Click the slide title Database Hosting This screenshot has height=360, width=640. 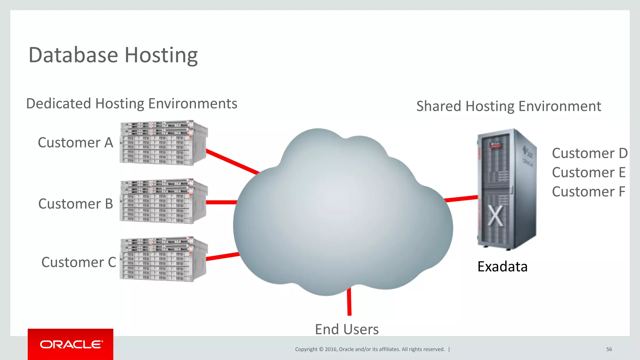[113, 55]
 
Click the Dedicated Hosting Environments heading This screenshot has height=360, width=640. [132, 103]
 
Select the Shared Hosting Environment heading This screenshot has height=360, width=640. [508, 106]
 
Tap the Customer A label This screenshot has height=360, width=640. [75, 142]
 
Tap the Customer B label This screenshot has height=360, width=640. [75, 204]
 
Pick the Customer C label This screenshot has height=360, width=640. [78, 262]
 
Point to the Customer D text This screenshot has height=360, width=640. [589, 153]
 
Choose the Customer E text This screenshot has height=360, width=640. [588, 172]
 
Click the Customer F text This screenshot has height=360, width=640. [588, 192]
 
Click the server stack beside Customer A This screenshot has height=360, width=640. [163, 143]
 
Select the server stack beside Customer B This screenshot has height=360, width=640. [163, 202]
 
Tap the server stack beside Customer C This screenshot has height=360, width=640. [163, 259]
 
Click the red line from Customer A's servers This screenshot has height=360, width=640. [233, 162]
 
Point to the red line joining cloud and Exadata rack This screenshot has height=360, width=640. [461, 198]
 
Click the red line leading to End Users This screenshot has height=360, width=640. [349, 302]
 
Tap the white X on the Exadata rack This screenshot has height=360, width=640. [495, 216]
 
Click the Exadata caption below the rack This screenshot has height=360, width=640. [502, 267]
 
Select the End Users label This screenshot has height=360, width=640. [347, 329]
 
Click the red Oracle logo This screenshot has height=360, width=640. [71, 344]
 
